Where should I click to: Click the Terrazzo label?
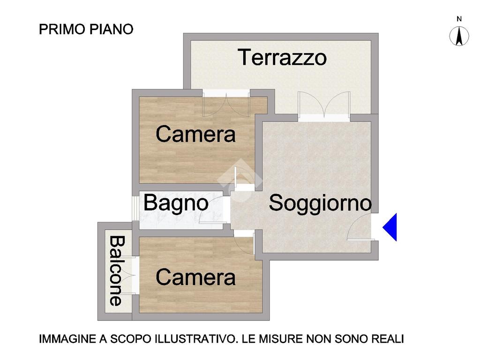282,57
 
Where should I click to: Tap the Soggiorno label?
320,203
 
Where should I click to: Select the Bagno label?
176,203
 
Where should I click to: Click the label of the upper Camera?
195,134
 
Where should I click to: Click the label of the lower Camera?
195,277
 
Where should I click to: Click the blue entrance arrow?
390,227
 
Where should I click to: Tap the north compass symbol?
459,36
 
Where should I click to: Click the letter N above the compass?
459,19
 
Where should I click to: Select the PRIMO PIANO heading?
86,30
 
